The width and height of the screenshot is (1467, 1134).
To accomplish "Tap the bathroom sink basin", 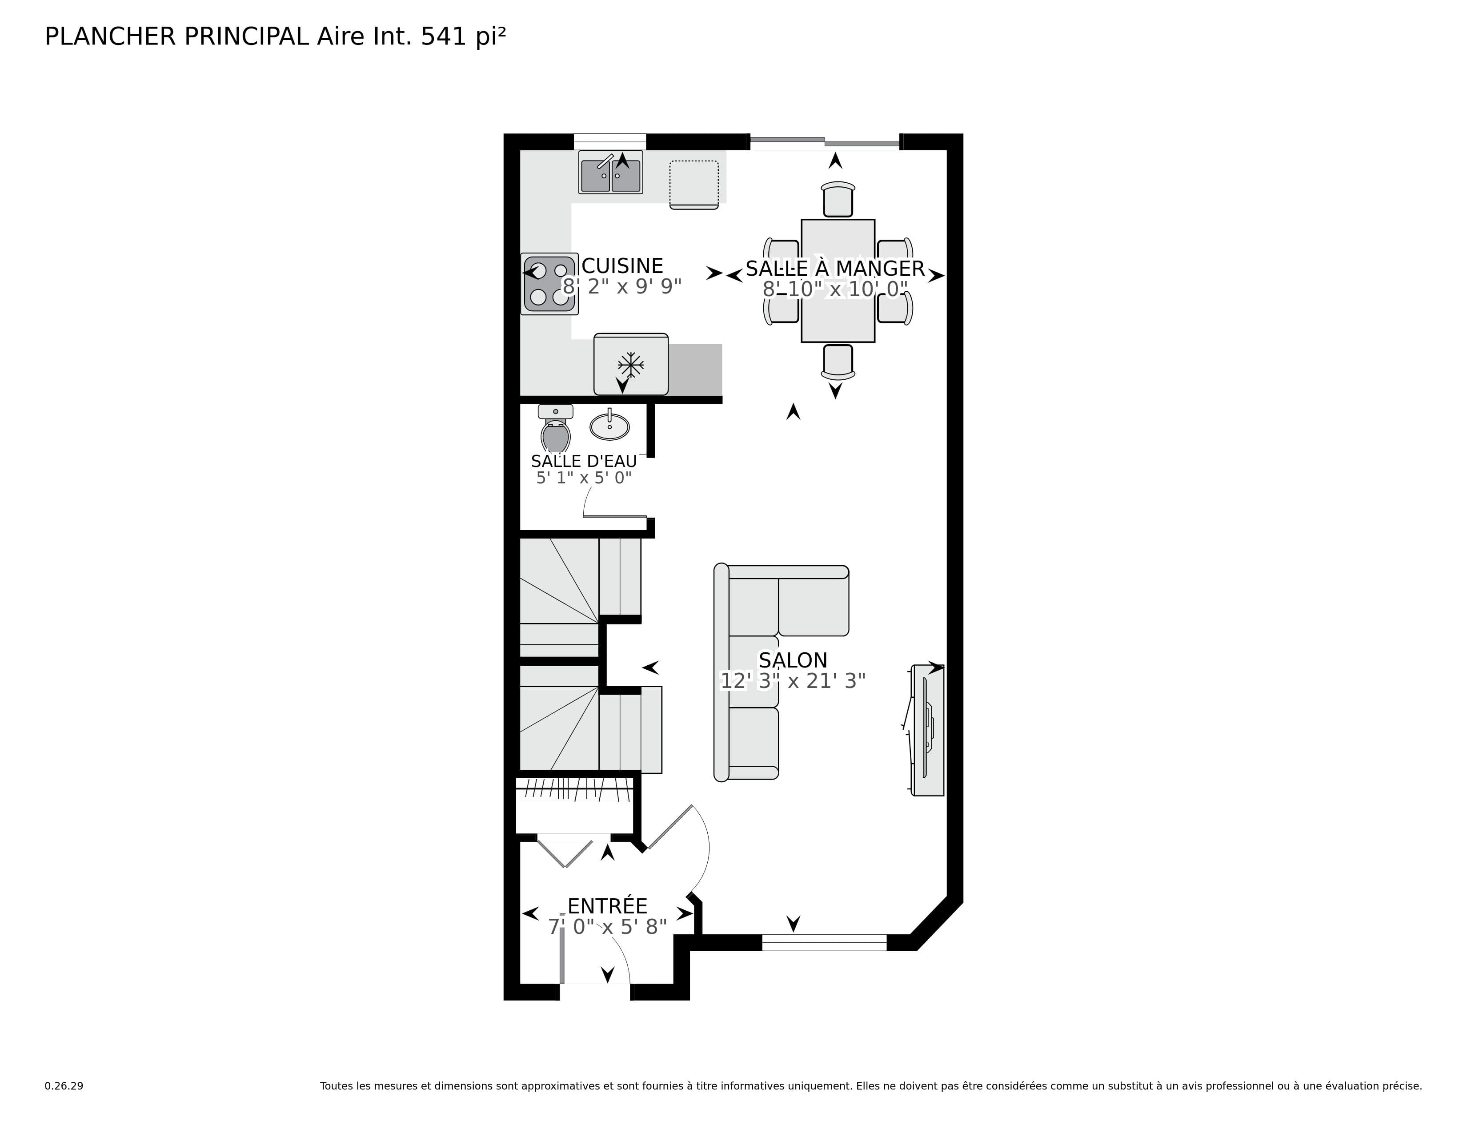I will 609,426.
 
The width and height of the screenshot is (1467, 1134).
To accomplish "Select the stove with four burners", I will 549,284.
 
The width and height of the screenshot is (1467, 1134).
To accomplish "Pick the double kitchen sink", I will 610,173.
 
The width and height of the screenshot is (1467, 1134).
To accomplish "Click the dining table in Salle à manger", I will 838,281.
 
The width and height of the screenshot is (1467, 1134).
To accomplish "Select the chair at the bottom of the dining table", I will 838,362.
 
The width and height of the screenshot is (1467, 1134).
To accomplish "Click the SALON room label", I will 793,659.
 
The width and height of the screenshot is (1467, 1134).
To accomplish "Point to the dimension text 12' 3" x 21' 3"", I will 793,681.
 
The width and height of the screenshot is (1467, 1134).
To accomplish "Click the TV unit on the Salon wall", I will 928,730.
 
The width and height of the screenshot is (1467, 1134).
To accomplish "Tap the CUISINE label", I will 622,266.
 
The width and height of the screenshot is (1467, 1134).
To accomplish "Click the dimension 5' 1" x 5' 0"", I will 584,478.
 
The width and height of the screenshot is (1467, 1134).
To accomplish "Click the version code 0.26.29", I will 64,1086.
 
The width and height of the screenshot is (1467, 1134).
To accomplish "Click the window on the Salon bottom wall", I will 824,942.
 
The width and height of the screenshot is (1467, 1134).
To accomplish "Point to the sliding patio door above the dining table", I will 824,142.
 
